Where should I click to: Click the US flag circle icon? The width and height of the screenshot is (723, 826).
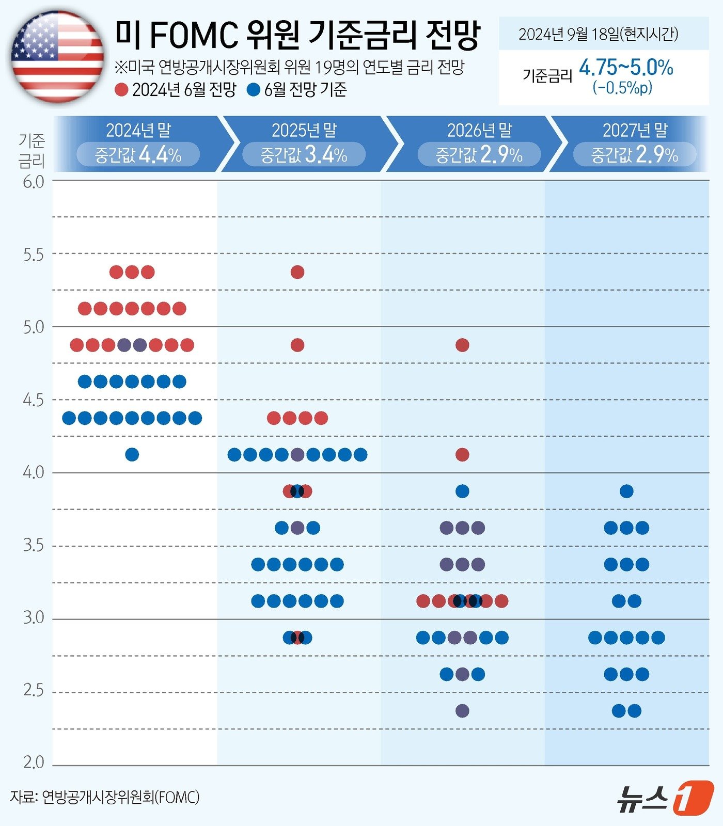57,57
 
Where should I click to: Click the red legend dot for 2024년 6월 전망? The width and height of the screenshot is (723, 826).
121,90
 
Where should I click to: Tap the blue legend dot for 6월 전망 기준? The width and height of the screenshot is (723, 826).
253,90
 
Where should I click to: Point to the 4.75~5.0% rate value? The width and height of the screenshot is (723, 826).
626,68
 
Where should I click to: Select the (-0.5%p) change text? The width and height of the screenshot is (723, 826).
622,88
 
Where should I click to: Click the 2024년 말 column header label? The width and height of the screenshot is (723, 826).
138,130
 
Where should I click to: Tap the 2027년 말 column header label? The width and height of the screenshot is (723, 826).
635,130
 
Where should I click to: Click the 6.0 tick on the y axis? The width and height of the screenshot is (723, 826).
34,182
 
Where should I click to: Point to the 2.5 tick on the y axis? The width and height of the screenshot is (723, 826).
34,690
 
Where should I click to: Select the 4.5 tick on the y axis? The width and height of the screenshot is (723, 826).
34,400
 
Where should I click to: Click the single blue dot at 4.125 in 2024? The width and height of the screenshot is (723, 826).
132,454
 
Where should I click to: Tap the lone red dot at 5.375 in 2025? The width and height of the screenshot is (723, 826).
297,272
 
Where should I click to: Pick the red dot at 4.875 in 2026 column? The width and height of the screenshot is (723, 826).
462,345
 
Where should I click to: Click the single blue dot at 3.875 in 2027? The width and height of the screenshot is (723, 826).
626,491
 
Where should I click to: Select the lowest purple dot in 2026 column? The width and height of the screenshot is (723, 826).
462,711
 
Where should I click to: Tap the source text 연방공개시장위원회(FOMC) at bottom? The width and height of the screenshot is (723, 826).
120,797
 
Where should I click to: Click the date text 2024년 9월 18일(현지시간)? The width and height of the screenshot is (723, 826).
598,34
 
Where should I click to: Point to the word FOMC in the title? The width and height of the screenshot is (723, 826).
196,35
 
